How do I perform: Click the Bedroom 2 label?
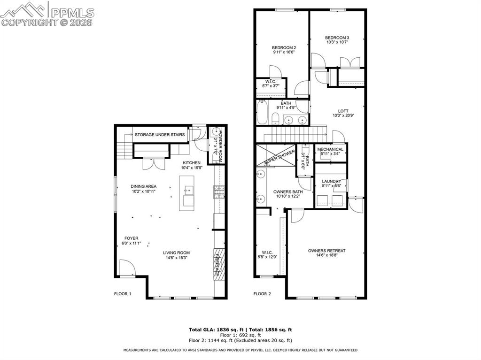click(x=284, y=47)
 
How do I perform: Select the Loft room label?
click(x=337, y=111)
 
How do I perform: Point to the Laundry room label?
click(x=331, y=181)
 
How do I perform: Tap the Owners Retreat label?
click(x=326, y=251)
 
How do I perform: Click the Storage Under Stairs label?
click(x=160, y=135)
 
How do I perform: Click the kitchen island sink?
click(x=189, y=190)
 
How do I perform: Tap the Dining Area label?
click(x=143, y=186)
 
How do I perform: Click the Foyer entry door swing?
click(x=126, y=268)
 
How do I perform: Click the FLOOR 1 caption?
click(x=123, y=294)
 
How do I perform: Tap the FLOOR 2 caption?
click(x=262, y=294)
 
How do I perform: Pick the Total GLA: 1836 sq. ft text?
click(x=212, y=330)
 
